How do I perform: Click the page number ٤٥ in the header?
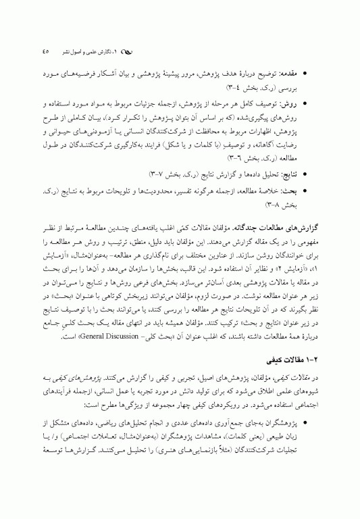(45, 51)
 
